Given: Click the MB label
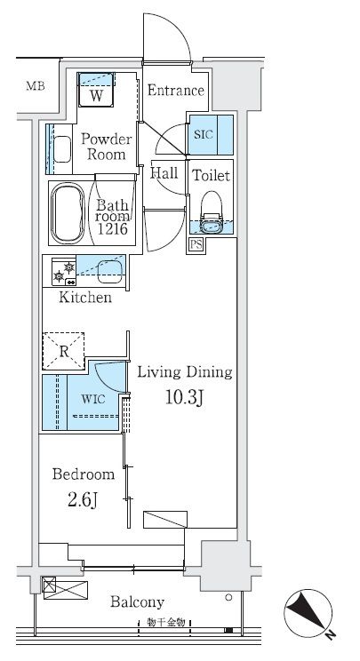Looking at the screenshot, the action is [x=36, y=86].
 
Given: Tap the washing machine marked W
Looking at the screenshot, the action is [x=96, y=90].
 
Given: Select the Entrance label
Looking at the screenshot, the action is [x=176, y=91].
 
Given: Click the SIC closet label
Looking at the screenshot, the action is [x=204, y=135].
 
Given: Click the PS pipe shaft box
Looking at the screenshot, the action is [x=196, y=244].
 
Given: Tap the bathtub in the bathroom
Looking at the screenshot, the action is [x=68, y=213].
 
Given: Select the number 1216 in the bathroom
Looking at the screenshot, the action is [x=113, y=229].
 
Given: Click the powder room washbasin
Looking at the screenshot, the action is [x=62, y=148].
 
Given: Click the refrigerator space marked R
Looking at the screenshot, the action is [x=64, y=351].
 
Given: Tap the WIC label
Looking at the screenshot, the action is [x=93, y=399].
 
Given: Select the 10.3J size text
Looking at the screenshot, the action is [x=184, y=397].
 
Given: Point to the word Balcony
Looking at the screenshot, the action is [x=137, y=602].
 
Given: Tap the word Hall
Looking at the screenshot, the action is [x=164, y=172].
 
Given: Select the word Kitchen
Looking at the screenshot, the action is [x=85, y=298].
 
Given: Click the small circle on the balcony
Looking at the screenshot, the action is [x=228, y=597].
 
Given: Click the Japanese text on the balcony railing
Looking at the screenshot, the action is [x=166, y=622].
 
